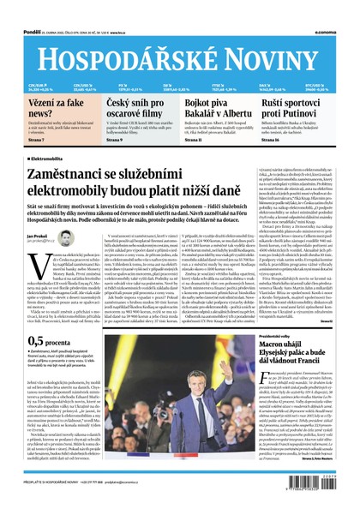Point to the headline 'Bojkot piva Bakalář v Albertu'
point(207,107)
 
